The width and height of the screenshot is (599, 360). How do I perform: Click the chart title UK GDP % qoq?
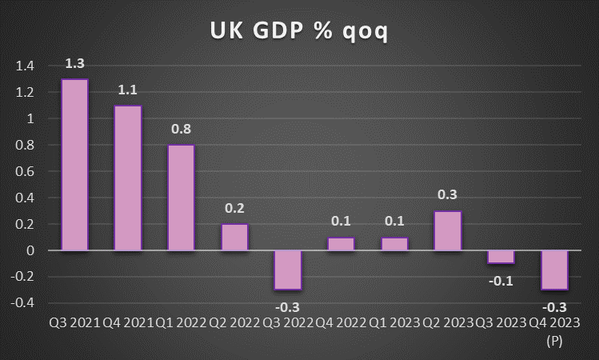click(299, 30)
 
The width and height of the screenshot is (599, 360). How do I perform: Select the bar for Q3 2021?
click(74, 165)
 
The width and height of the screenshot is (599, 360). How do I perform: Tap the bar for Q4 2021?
click(128, 178)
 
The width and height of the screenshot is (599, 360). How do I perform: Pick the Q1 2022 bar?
click(181, 198)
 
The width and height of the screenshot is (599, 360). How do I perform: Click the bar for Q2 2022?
click(234, 237)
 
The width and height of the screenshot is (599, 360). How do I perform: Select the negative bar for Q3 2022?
click(288, 270)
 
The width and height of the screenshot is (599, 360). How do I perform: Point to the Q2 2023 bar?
click(448, 230)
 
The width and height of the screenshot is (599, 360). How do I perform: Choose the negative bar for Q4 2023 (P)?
click(554, 270)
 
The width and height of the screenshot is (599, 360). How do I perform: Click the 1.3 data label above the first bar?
click(74, 63)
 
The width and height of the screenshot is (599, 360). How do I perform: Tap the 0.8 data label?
click(181, 129)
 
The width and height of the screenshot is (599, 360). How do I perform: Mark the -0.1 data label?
click(501, 279)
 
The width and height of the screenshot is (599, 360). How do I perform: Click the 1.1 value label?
click(128, 90)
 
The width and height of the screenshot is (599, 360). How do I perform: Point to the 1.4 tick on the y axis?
click(25, 66)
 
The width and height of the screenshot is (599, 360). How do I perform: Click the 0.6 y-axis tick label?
click(25, 171)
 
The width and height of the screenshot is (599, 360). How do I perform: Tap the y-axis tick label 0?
click(30, 250)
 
